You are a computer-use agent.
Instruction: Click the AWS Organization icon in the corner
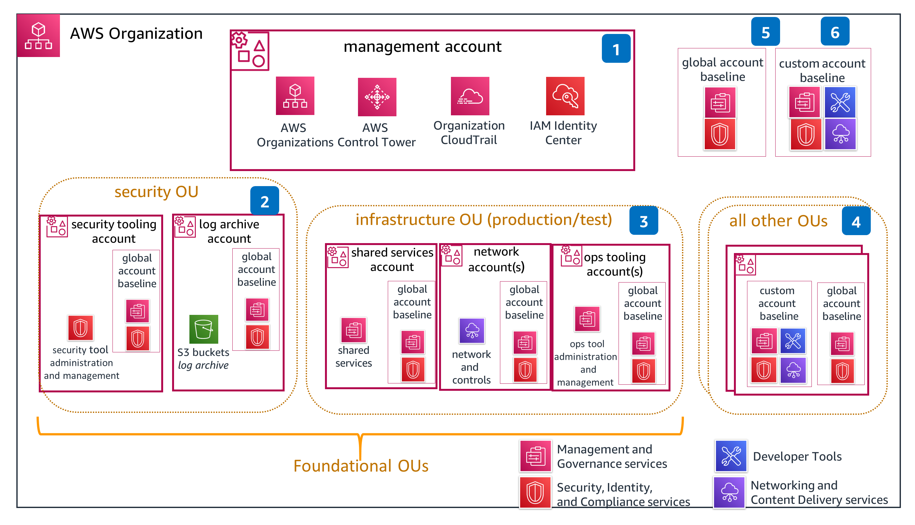coord(38,35)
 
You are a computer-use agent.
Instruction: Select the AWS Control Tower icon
coord(377,97)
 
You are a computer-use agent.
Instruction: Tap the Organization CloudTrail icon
coord(470,96)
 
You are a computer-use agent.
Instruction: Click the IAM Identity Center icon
coord(565,96)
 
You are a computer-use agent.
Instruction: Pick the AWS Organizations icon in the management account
coord(295,95)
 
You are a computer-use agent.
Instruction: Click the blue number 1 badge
coord(616,48)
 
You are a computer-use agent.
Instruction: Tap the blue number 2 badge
coord(265,201)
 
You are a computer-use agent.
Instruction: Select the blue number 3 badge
coord(644,221)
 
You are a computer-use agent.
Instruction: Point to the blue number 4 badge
coord(856,221)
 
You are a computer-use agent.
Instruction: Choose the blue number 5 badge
coord(765,32)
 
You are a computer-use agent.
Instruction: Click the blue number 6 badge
coord(835,31)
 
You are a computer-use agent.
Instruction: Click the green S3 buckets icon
coord(204,329)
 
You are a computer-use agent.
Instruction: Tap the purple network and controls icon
coord(472,331)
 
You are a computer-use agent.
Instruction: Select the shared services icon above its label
coord(354,330)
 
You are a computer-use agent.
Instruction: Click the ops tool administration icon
coord(587,319)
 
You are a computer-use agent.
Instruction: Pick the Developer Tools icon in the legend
coord(731,456)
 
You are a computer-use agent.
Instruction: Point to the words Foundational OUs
coord(361,466)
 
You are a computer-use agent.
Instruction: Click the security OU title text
coord(156,192)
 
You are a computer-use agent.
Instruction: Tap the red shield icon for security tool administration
coord(80,328)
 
